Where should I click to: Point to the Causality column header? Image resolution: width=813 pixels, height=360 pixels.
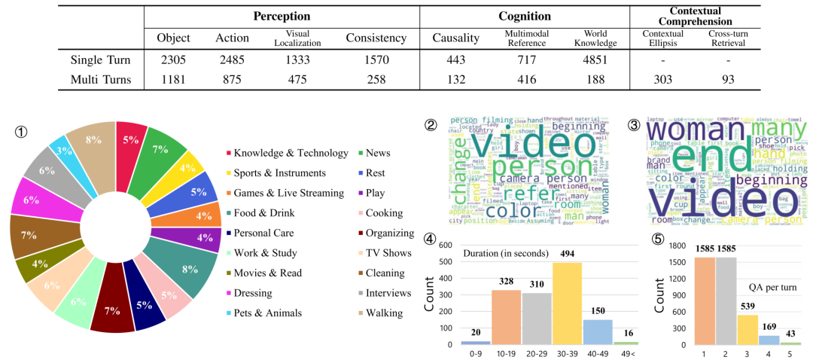pyautogui.click(x=455, y=38)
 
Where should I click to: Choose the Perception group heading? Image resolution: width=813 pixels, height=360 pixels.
pyautogui.click(x=282, y=16)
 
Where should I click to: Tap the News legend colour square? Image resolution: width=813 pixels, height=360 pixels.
pyautogui.click(x=360, y=153)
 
